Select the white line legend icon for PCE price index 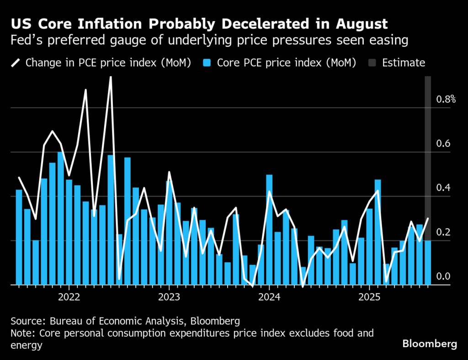17,63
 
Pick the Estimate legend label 403,63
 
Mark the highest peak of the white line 110,79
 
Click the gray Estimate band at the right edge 428,137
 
